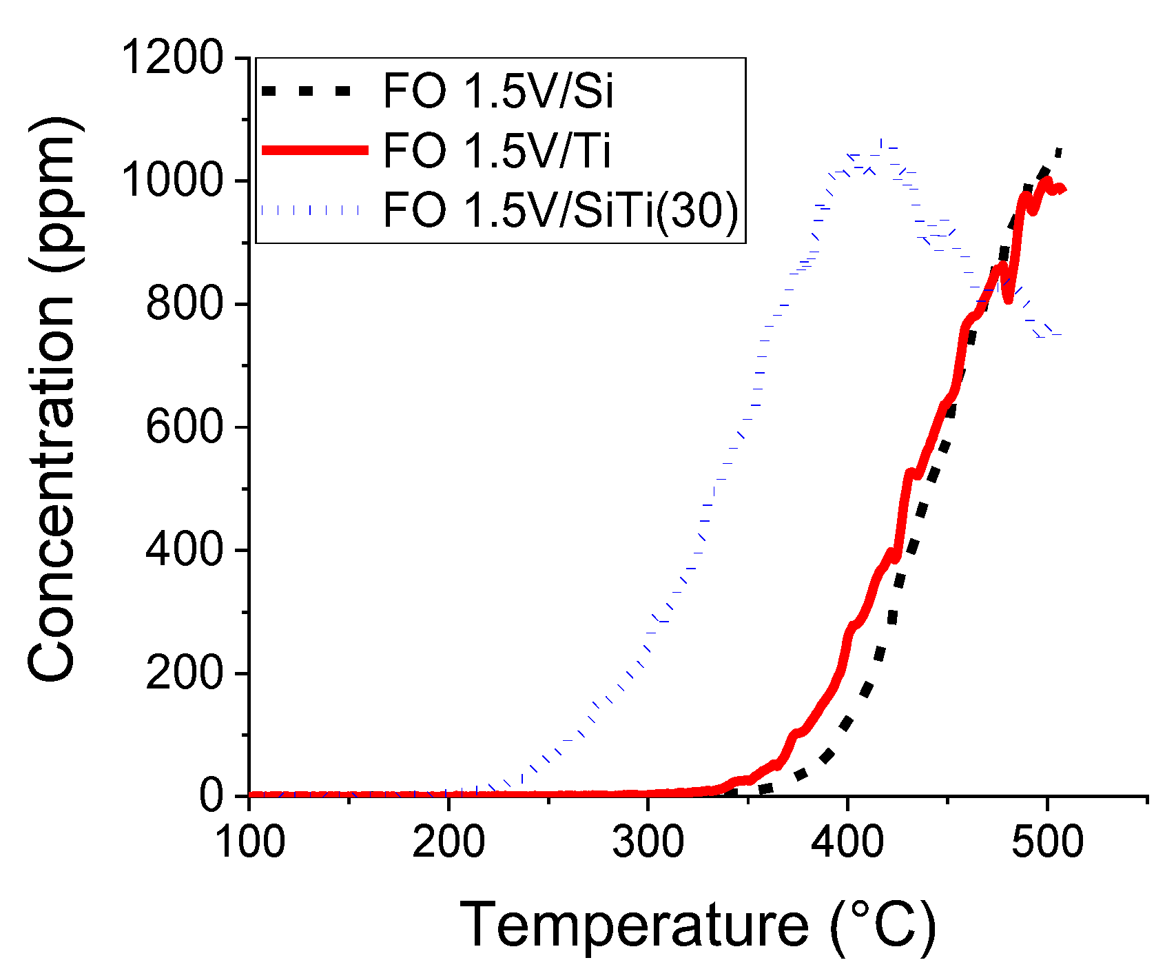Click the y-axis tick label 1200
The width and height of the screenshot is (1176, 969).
pos(173,58)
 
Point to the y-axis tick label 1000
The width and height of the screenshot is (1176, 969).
pos(173,181)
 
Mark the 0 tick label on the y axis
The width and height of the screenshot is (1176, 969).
pos(212,795)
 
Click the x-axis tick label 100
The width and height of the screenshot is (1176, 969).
pos(250,842)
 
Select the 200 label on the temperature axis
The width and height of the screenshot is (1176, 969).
pos(448,842)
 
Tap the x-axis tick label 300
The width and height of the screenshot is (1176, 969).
pos(648,842)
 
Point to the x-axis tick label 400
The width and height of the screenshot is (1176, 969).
pos(847,842)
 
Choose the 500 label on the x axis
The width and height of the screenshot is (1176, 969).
pos(1047,842)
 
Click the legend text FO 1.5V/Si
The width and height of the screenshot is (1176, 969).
pos(498,91)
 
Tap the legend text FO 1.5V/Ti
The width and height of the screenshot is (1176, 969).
pos(497,150)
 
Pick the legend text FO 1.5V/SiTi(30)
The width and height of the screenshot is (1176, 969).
pos(560,210)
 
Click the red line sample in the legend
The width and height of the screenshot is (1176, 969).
pos(315,150)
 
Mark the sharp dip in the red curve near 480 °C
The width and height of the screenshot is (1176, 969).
pos(1009,299)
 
